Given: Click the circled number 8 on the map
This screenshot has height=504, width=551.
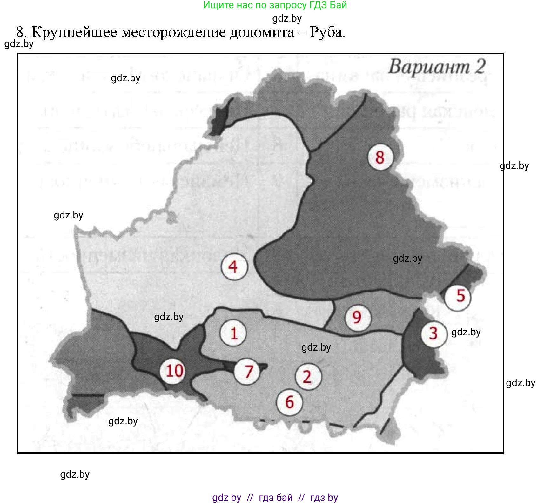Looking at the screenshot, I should [x=380, y=158].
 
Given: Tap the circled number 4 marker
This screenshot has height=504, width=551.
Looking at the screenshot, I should [x=234, y=267].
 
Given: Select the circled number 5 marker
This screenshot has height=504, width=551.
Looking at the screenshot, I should [x=458, y=296].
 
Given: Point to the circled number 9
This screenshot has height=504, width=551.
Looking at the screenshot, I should [x=357, y=317].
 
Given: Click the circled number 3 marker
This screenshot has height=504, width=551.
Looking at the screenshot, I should [x=434, y=333].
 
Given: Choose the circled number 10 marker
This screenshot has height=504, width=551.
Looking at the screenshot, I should [x=174, y=371].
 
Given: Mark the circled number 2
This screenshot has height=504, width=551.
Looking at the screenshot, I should [x=308, y=377].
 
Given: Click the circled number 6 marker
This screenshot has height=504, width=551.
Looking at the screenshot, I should [x=290, y=402].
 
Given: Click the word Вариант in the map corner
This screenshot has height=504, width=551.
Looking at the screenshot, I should [x=429, y=67].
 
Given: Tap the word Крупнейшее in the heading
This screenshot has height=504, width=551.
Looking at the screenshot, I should [x=74, y=32].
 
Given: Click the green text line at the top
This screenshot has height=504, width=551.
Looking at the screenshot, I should [x=275, y=5].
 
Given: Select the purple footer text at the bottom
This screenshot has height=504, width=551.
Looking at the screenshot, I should [x=275, y=497].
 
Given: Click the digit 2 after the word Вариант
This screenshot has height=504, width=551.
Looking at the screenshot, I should [x=480, y=67].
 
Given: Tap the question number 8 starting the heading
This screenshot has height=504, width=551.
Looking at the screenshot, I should [x=20, y=32].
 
